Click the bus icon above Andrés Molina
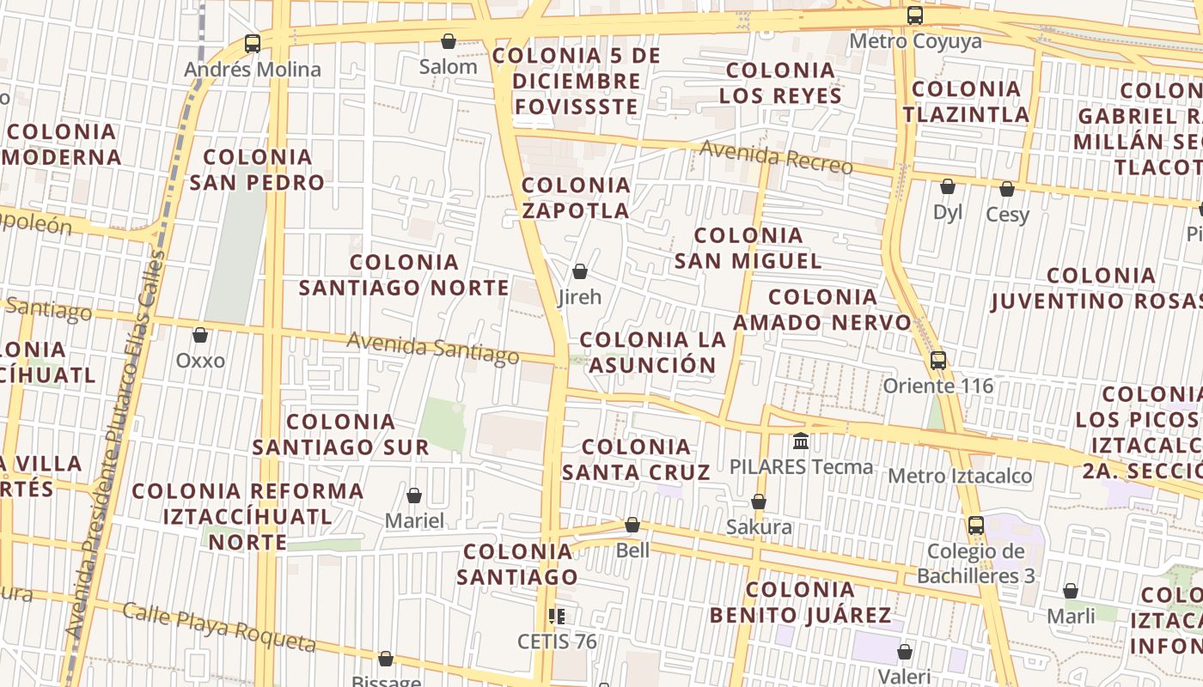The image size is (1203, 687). click(x=252, y=43)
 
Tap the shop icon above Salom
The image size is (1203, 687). click(x=448, y=40)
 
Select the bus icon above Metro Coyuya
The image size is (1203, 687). click(x=915, y=15)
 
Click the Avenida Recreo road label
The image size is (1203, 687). click(x=775, y=156)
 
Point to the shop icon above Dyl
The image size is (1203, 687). click(x=948, y=186)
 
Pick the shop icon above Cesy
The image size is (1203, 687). click(x=1007, y=188)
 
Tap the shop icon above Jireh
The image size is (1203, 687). click(x=580, y=271)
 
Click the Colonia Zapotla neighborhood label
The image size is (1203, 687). click(x=576, y=198)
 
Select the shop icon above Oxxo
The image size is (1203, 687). click(x=200, y=334)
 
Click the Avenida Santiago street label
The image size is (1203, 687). click(x=432, y=348)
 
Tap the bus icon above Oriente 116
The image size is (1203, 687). click(x=938, y=360)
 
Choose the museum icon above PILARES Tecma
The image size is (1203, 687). click(x=801, y=441)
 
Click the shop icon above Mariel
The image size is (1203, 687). click(x=414, y=495)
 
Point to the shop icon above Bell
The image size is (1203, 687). click(x=632, y=524)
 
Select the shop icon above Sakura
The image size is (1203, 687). click(x=759, y=502)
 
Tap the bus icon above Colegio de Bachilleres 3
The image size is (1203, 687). click(x=976, y=526)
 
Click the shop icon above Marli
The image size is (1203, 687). click(x=1071, y=591)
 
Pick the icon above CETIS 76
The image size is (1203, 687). click(x=556, y=616)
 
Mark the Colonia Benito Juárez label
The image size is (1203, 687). click(x=800, y=602)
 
